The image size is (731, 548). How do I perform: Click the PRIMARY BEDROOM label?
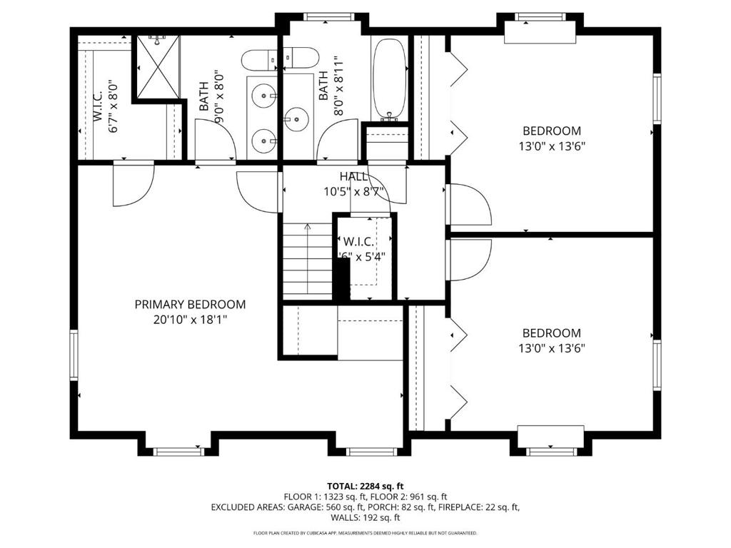point(190,305)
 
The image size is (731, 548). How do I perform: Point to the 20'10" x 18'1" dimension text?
point(190,320)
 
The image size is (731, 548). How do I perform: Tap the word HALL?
point(354,176)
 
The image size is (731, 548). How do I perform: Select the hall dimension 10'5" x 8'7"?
point(354,191)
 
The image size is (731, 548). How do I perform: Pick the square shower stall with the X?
point(156,66)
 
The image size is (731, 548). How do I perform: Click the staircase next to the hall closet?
point(308,260)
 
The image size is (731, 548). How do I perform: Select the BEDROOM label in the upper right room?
point(552,131)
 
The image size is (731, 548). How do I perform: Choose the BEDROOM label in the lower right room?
point(552,333)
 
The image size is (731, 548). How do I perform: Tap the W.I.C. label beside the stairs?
point(359,240)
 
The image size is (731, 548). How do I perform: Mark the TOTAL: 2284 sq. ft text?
point(365,486)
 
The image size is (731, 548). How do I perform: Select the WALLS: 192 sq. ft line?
point(365,518)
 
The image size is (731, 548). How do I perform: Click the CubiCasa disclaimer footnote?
point(365,533)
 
